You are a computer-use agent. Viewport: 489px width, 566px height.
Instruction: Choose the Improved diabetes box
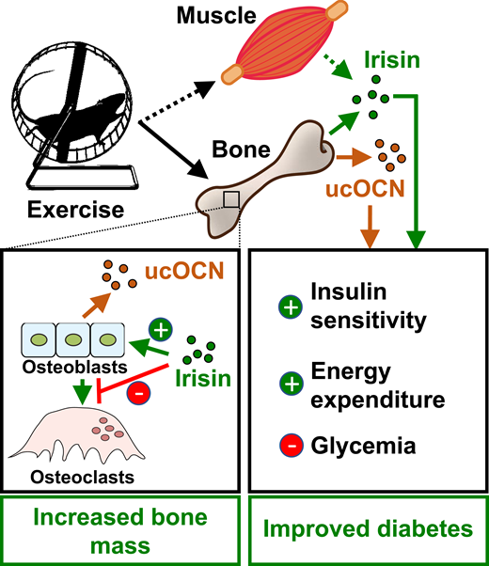(368, 529)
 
